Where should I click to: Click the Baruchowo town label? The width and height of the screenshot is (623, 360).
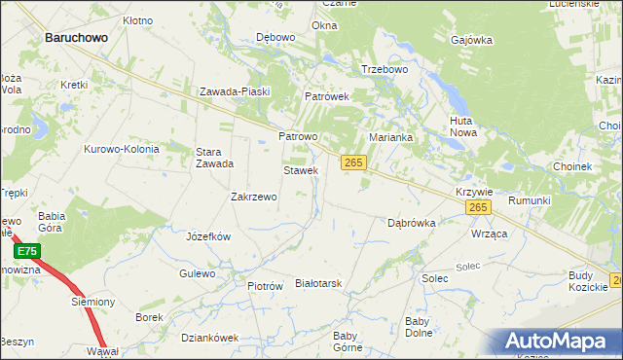(x=76, y=37)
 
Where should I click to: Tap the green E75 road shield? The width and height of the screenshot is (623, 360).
(x=27, y=251)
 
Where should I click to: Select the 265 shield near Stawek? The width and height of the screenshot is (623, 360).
(x=353, y=163)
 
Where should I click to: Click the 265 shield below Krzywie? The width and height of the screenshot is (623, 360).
(x=477, y=208)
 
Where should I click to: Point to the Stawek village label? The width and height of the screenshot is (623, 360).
(x=301, y=170)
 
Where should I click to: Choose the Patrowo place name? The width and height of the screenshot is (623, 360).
(x=298, y=137)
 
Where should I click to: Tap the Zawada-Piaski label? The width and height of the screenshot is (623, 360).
(x=234, y=91)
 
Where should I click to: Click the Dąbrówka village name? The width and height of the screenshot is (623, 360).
(x=411, y=222)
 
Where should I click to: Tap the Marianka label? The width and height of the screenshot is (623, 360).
(x=390, y=137)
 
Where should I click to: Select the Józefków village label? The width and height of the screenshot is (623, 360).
(x=207, y=236)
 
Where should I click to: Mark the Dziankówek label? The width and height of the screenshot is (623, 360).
(x=209, y=338)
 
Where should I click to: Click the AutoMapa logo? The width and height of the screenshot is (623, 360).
(x=559, y=341)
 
